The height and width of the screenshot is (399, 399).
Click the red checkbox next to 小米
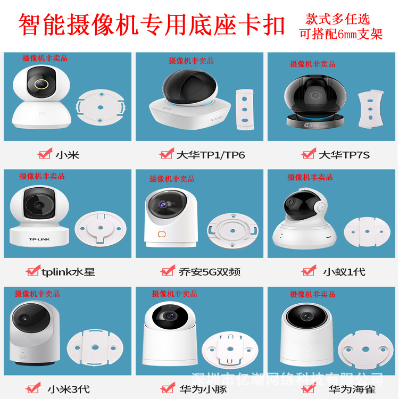(44, 154)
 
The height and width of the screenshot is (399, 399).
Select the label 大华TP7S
(344, 155)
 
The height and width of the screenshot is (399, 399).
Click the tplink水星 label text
(68, 272)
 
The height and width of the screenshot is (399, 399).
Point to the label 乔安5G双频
(209, 272)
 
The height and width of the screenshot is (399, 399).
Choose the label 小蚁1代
(344, 271)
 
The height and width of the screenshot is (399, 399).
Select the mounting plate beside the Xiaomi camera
(101, 105)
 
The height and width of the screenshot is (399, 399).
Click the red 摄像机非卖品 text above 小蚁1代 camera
(310, 177)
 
